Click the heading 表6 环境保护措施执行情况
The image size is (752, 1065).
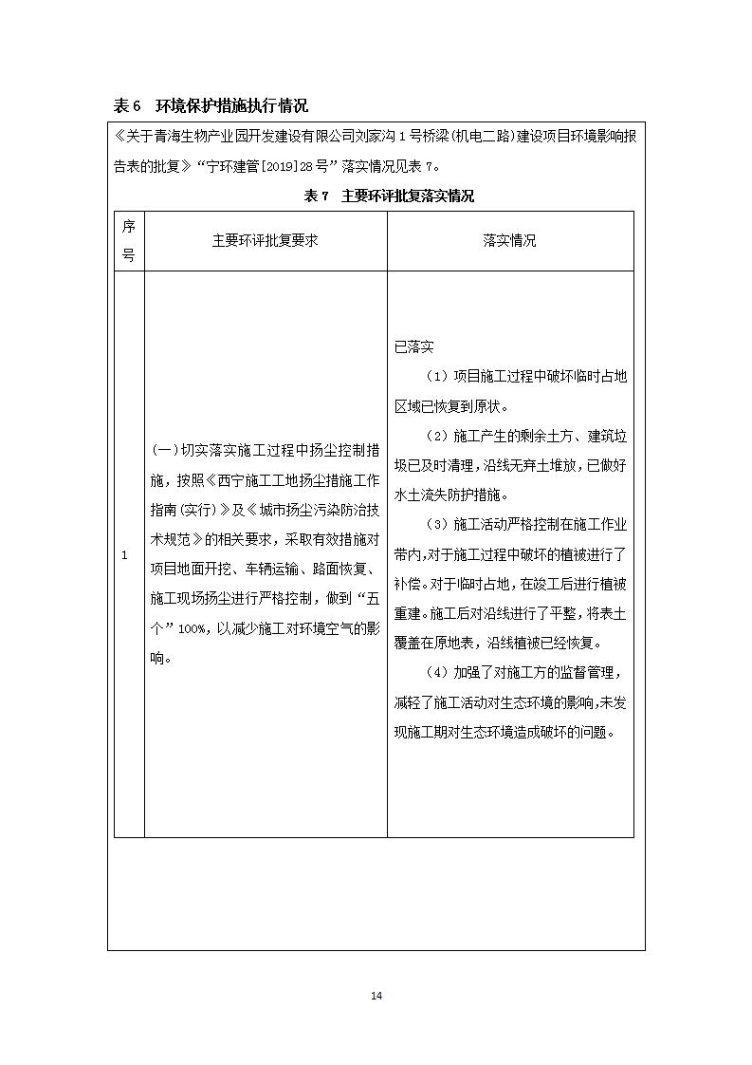[x=211, y=105]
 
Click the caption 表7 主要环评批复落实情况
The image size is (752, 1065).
[x=388, y=196]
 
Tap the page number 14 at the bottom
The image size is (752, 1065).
[x=376, y=996]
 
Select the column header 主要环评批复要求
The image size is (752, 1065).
[x=265, y=241]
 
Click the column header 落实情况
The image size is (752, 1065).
[x=509, y=241]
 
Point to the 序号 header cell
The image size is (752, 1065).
[x=129, y=241]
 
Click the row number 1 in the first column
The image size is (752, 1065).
[x=124, y=554]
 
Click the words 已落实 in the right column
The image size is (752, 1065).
[x=414, y=347]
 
